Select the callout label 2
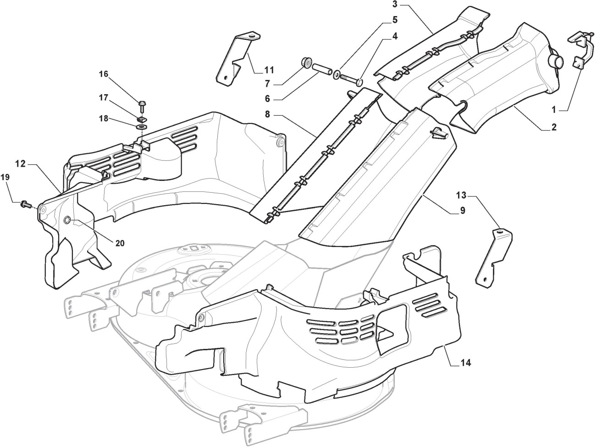click(554, 128)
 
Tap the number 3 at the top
click(394, 5)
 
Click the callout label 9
click(463, 211)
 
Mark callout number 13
click(461, 196)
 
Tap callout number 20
click(120, 243)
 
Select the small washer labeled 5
click(337, 73)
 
